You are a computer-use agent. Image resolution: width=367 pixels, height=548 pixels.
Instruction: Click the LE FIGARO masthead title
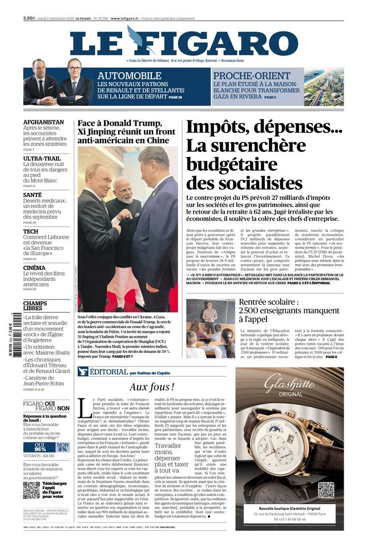pyautogui.click(x=184, y=43)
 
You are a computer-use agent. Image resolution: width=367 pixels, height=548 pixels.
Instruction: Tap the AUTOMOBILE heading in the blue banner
pyautogui.click(x=129, y=76)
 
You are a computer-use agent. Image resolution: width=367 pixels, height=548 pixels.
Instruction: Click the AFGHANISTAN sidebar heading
pyautogui.click(x=43, y=122)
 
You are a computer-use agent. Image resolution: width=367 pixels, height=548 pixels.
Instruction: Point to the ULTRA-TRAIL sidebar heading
pyautogui.click(x=42, y=158)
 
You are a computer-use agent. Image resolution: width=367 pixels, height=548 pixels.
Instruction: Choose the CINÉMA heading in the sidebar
pyautogui.click(x=34, y=268)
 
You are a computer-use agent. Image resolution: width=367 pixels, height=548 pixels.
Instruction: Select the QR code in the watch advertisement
pyautogui.click(x=326, y=489)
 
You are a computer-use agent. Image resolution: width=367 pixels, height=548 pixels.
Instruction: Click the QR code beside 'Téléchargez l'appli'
pyautogui.click(x=32, y=490)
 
